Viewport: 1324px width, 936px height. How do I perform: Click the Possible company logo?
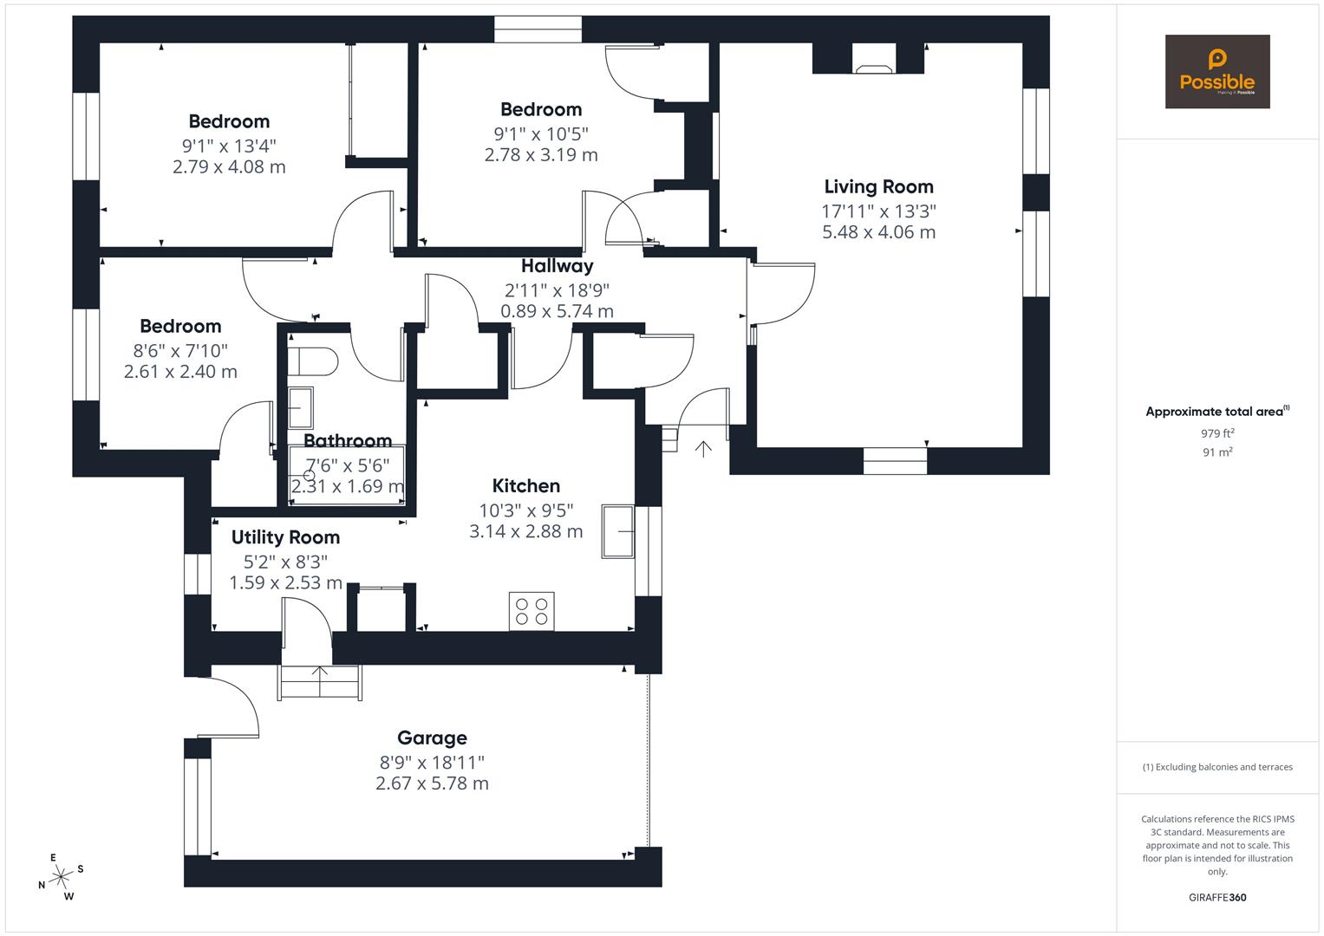pos(1216,72)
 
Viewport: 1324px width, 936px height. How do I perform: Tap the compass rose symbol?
pos(61,877)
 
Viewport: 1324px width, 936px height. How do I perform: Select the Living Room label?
pos(878,186)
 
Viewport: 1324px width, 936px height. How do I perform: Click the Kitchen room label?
pos(525,485)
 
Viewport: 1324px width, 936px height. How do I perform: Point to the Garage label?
pos(432,738)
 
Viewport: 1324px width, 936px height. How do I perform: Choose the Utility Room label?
pos(285,537)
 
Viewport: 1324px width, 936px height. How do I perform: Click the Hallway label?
pos(557,266)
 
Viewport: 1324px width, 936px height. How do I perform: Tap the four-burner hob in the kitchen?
pos(531,611)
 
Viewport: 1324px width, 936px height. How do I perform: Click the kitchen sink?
pos(619,531)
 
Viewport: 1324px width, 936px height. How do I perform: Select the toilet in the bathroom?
pos(312,361)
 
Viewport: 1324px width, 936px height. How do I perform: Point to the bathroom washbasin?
pos(300,407)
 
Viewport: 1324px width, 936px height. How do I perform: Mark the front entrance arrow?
pos(702,449)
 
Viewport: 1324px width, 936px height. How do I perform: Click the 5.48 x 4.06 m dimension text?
pos(878,232)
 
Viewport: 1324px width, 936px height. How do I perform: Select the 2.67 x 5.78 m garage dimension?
pos(432,783)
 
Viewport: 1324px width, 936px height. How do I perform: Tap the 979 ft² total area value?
pos(1217,433)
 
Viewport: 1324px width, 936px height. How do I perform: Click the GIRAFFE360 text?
pos(1217,897)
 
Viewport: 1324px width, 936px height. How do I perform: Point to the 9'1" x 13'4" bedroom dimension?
pos(229,146)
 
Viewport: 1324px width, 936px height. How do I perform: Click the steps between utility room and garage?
pos(319,682)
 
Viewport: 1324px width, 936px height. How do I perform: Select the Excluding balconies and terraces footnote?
pos(1217,767)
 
